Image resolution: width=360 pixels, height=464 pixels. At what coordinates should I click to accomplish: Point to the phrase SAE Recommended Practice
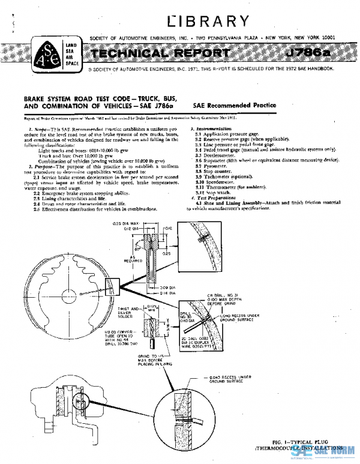235,105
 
